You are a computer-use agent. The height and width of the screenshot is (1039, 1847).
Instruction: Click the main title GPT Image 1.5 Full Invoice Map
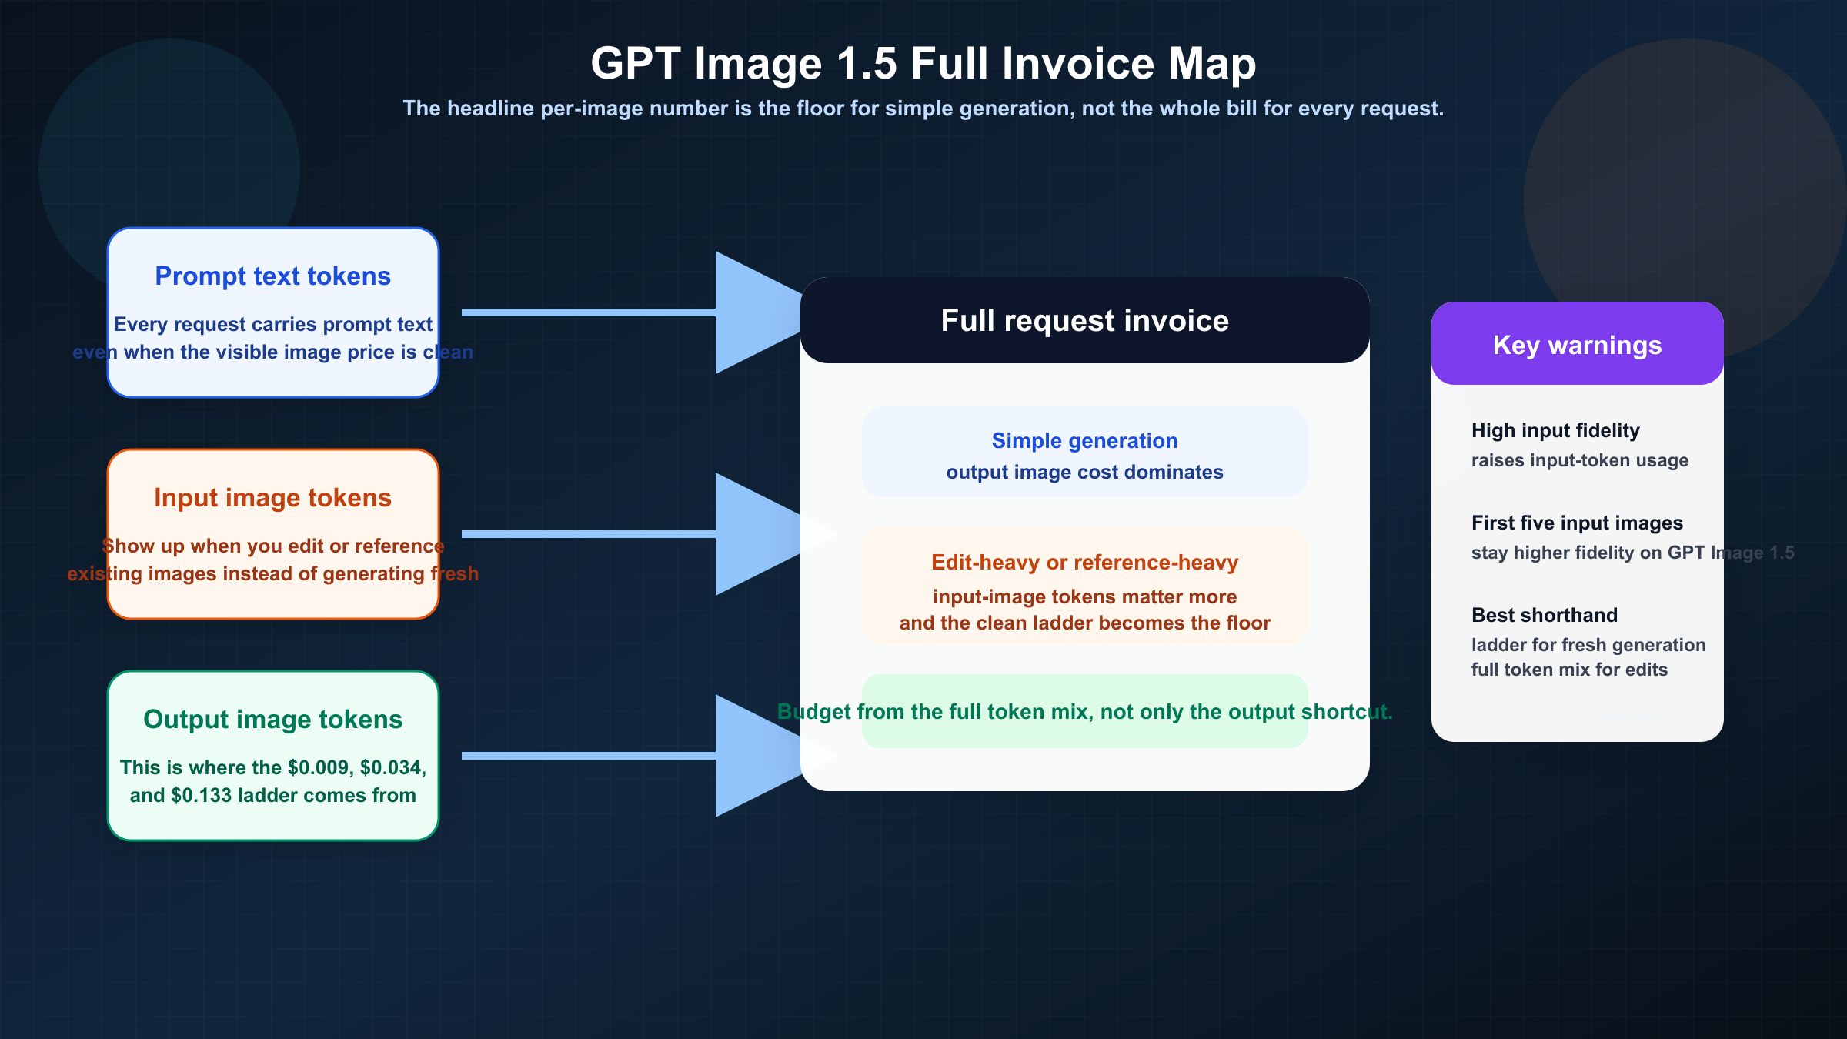point(923,63)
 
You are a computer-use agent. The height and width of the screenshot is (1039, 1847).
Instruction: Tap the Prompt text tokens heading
point(272,276)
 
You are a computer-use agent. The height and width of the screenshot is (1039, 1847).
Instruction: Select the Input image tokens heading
point(272,498)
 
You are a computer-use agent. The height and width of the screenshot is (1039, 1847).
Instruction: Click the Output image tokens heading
point(272,720)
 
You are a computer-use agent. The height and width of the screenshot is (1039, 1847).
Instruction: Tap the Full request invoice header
point(1084,321)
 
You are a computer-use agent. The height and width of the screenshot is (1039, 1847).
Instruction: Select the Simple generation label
point(1084,440)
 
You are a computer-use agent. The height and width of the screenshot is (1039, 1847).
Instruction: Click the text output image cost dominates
point(1084,472)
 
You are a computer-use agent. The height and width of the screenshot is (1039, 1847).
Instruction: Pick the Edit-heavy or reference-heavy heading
point(1084,563)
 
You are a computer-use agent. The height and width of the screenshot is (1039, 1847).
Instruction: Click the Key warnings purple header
point(1577,346)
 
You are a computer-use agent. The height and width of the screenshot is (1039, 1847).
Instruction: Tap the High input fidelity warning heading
point(1555,430)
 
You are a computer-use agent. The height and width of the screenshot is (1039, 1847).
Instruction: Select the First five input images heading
point(1577,523)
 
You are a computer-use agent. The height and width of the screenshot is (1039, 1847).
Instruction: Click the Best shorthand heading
point(1544,615)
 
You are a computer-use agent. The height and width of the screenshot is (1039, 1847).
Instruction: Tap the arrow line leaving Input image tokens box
point(585,534)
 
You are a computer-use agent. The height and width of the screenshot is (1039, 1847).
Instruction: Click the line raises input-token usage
point(1579,460)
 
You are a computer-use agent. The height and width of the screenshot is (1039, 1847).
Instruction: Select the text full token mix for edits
point(1569,670)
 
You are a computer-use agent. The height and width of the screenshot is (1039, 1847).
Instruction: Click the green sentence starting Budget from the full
point(1084,712)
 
